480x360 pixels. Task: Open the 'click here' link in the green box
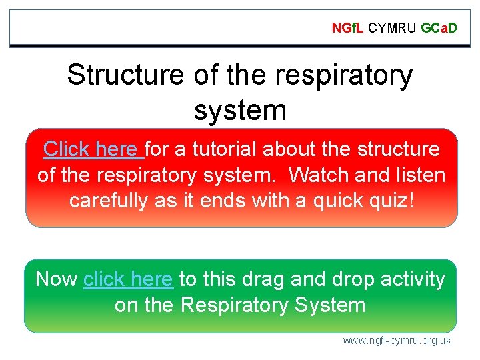click(x=128, y=279)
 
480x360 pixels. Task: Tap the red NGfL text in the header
click(x=348, y=29)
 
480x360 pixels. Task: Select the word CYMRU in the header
click(x=392, y=29)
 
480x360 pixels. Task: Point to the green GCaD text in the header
click(x=439, y=29)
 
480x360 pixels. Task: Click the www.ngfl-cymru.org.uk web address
click(x=397, y=341)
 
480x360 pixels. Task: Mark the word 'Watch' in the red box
click(x=319, y=175)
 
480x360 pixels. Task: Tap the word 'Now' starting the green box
click(x=56, y=279)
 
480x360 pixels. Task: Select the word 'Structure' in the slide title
click(x=125, y=75)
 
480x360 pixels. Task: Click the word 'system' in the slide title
click(x=240, y=110)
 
